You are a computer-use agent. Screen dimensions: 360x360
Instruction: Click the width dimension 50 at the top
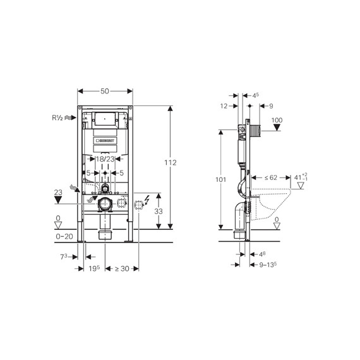pyautogui.click(x=105, y=91)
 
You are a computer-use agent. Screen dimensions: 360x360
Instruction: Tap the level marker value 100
pyautogui.click(x=277, y=120)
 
